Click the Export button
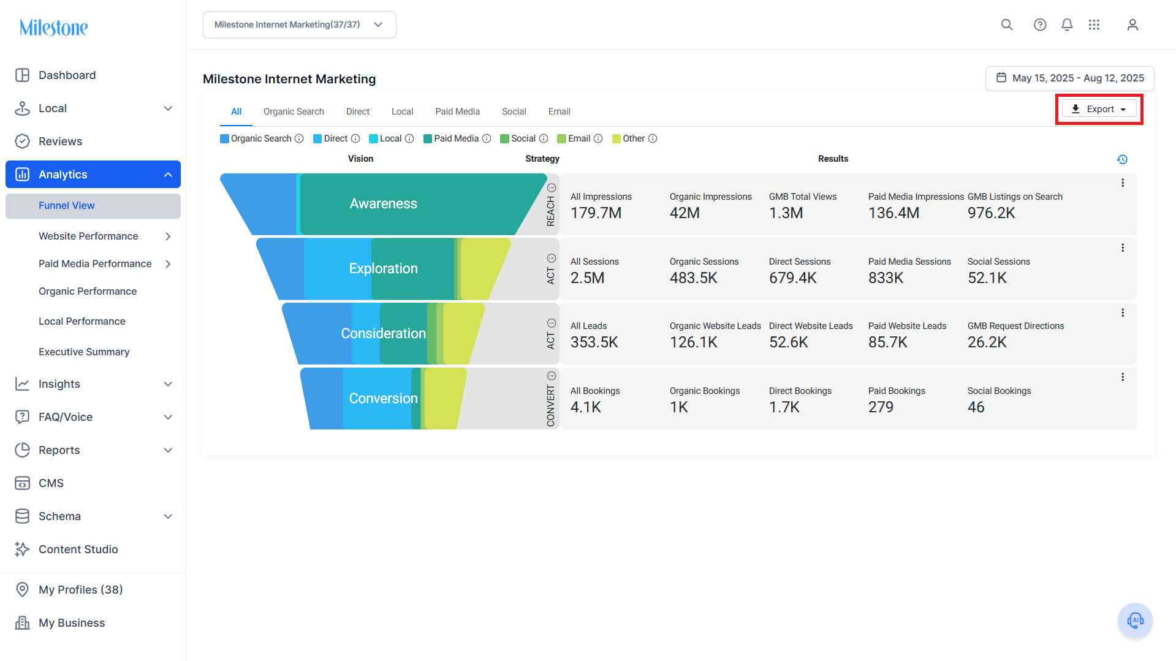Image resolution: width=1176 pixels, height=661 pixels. click(x=1099, y=109)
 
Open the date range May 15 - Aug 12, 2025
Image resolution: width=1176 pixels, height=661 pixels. click(x=1069, y=78)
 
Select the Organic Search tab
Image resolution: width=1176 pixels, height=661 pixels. click(x=294, y=111)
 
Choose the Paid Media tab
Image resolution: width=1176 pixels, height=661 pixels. click(x=457, y=111)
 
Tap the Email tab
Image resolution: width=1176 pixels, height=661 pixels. click(x=559, y=111)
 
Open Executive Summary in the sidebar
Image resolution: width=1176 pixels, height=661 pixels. click(x=84, y=352)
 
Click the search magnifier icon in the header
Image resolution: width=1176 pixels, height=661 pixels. click(x=1007, y=25)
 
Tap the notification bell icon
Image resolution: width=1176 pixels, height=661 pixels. click(x=1067, y=25)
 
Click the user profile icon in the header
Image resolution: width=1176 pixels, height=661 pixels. click(x=1132, y=25)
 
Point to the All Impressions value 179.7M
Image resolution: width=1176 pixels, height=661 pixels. click(x=596, y=213)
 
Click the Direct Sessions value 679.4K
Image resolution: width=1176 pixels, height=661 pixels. click(x=793, y=278)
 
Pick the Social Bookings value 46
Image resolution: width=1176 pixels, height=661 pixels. click(x=976, y=407)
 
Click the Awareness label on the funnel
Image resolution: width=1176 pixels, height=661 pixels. click(x=384, y=204)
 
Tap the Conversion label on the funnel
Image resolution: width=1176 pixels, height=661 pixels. click(x=384, y=399)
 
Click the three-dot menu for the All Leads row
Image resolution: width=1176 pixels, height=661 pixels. click(x=1123, y=313)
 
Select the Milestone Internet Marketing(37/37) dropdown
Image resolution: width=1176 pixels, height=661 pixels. click(x=300, y=25)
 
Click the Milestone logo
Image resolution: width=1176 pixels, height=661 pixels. click(x=54, y=28)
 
